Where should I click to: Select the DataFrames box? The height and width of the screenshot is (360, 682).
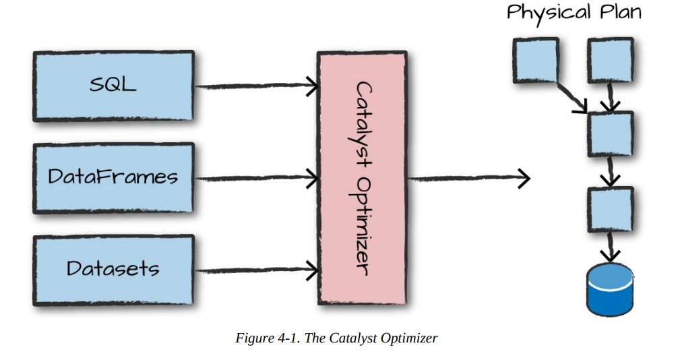113,177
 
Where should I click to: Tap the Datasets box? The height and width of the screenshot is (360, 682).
113,268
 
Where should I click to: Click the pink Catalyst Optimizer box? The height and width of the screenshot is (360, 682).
363,177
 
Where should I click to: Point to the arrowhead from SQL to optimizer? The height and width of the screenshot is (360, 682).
312,86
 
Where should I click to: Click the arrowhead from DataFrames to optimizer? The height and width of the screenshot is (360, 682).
312,179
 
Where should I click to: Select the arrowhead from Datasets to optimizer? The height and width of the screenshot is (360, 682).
312,270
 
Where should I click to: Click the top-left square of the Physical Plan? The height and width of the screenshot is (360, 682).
536,60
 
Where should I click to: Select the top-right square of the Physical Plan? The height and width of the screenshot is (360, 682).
611,60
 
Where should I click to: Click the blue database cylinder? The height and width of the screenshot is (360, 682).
611,289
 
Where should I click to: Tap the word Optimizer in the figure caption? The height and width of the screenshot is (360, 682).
409,338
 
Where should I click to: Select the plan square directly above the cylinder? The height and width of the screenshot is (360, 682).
611,210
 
